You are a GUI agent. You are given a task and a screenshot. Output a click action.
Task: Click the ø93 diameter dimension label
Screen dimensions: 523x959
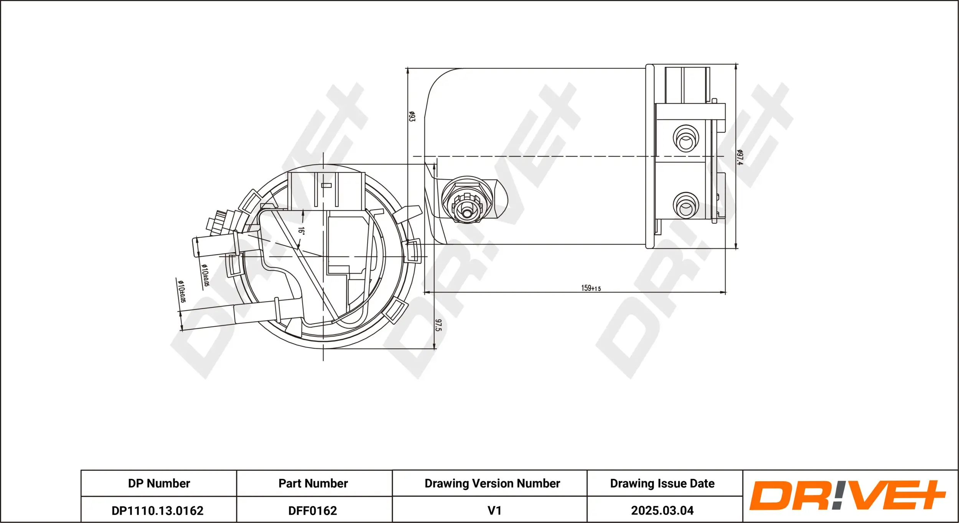coord(411,116)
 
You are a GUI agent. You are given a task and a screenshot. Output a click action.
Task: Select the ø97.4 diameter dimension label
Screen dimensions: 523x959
coord(740,157)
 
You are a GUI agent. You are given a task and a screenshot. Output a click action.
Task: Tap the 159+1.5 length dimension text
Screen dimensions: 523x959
coord(591,288)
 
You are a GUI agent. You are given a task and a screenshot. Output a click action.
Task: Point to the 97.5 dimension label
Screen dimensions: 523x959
coord(438,325)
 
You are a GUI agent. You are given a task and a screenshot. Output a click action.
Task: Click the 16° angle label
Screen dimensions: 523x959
coord(302,231)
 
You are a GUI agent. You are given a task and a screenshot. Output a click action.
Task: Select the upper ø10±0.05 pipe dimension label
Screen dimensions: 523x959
coord(206,275)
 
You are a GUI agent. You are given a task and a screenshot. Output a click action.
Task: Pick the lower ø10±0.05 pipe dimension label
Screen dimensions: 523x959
coord(181,291)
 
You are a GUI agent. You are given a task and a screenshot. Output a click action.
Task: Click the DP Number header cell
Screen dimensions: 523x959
coord(159,483)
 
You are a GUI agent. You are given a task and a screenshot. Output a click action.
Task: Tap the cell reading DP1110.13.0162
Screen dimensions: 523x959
coord(157,511)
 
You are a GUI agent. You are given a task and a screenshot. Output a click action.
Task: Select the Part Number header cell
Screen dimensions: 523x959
coord(313,483)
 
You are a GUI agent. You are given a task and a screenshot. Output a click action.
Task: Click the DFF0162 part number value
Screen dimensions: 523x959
coord(313,511)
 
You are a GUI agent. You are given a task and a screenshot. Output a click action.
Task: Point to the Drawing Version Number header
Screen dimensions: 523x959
coord(492,483)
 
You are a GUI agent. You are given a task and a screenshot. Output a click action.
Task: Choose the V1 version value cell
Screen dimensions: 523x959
coord(494,511)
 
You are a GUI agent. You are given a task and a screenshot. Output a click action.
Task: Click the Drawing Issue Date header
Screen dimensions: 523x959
coord(662,483)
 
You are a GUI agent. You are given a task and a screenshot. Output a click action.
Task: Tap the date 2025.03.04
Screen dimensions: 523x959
coord(662,511)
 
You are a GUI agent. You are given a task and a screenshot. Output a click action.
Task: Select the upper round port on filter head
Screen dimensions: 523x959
coord(686,139)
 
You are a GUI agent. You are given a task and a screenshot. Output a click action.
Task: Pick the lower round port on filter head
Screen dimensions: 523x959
coord(686,206)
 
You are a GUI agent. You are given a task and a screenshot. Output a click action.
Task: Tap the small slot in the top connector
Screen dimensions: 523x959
coord(326,185)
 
